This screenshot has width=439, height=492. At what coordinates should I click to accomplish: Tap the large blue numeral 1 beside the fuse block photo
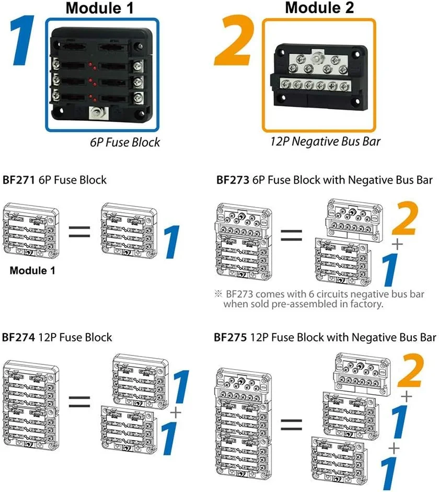tap(22, 41)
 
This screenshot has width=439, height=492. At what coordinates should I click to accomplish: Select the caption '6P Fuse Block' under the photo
tap(125, 142)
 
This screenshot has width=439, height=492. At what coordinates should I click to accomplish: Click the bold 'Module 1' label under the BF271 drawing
tap(32, 271)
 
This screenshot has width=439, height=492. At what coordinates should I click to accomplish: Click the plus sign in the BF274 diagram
tap(176, 413)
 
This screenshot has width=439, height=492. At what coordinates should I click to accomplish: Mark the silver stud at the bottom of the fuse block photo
tap(96, 111)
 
